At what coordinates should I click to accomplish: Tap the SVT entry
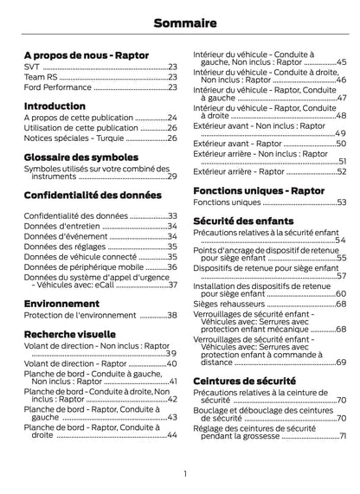pos(30,67)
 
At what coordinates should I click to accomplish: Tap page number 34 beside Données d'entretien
pos(171,226)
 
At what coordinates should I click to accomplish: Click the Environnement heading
pos(60,305)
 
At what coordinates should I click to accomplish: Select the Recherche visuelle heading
pos(70,333)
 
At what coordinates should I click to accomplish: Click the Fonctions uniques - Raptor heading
pos(259,189)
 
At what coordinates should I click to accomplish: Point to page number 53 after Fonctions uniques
pos(341,202)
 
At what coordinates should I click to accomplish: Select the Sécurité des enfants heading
pos(248,221)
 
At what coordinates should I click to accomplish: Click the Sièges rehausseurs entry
pos(229,305)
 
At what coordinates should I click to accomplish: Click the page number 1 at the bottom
pos(185,473)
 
